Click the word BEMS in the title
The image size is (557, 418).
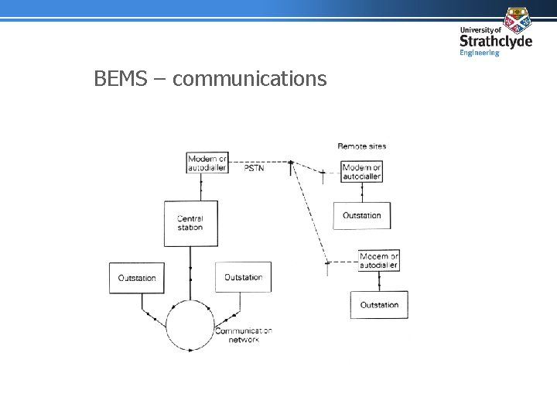click(118, 78)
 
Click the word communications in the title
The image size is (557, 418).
click(250, 78)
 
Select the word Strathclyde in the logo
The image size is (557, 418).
click(495, 41)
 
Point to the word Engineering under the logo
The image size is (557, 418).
click(480, 53)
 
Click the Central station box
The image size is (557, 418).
click(190, 223)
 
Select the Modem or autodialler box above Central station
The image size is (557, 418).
click(207, 163)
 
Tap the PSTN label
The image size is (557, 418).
click(254, 167)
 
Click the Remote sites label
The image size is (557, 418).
click(361, 146)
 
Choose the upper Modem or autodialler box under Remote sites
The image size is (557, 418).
click(362, 171)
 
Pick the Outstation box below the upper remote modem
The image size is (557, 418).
click(361, 215)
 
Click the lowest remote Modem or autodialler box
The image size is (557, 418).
click(379, 260)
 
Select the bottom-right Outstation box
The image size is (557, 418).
click(379, 304)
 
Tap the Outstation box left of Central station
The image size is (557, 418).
click(137, 278)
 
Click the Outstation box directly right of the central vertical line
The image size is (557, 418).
click(243, 277)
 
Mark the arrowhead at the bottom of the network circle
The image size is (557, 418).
click(191, 350)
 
